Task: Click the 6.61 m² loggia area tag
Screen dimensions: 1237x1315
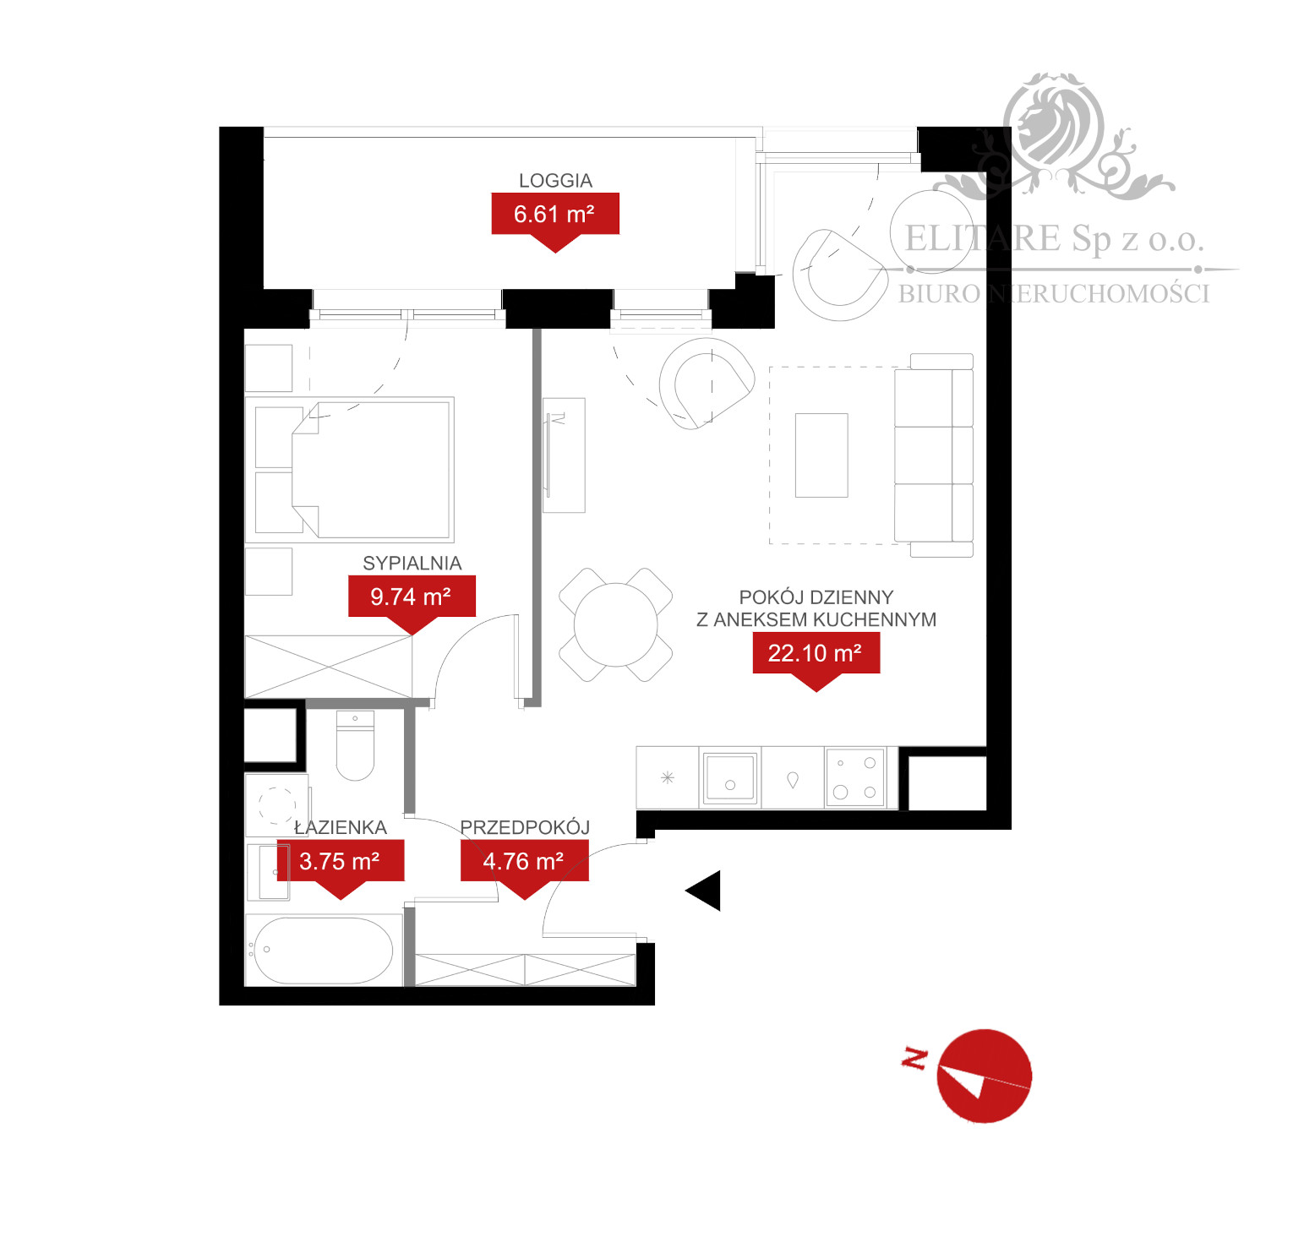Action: click(x=555, y=214)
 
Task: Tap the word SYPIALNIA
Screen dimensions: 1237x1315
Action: click(x=412, y=564)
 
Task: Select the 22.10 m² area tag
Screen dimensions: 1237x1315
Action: click(x=816, y=653)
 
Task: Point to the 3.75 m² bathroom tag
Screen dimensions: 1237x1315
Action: click(x=340, y=861)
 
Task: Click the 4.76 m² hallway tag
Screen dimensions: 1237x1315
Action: click(x=524, y=861)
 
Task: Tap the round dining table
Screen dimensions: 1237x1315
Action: click(x=615, y=624)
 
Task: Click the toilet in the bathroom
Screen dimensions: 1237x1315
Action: click(x=355, y=748)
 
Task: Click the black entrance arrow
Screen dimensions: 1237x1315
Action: click(x=704, y=891)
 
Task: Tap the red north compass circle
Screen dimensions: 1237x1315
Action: click(x=985, y=1076)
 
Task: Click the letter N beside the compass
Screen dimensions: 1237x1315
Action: click(x=914, y=1058)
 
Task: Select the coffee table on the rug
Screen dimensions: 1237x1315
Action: click(x=821, y=455)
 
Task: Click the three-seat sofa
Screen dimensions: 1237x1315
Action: click(x=935, y=455)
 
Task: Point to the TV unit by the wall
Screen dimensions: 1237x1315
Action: click(x=563, y=455)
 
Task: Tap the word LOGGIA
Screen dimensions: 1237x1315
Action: click(x=555, y=181)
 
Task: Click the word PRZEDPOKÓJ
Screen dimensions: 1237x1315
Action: click(x=524, y=827)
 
